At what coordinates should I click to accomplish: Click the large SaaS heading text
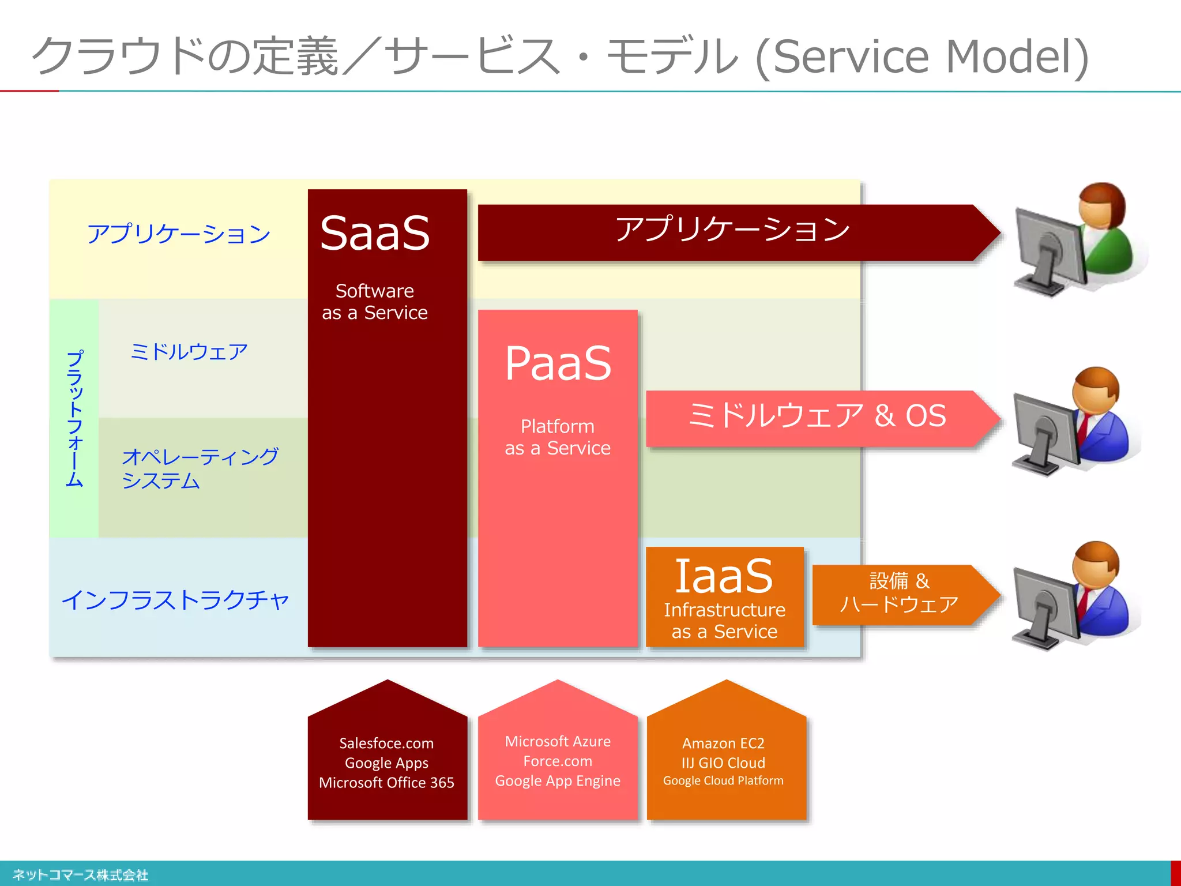[x=375, y=234]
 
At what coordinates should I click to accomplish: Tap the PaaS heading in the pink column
[x=558, y=363]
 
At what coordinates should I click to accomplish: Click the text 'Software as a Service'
[x=375, y=302]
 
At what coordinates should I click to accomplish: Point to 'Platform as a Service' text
[x=558, y=437]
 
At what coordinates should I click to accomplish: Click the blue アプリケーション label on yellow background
[x=179, y=234]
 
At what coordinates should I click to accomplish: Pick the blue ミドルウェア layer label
[x=189, y=352]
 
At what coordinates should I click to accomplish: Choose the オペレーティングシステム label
[x=199, y=468]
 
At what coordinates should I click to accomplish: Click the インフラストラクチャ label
[x=175, y=600]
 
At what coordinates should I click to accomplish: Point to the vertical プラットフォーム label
[x=74, y=418]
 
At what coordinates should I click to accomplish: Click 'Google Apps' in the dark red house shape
[x=386, y=763]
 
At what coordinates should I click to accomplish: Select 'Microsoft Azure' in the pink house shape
[x=558, y=741]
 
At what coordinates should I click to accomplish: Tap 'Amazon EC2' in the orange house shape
[x=723, y=743]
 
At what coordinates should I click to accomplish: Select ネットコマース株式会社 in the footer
[x=81, y=875]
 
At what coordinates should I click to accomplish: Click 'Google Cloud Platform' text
[x=723, y=781]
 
